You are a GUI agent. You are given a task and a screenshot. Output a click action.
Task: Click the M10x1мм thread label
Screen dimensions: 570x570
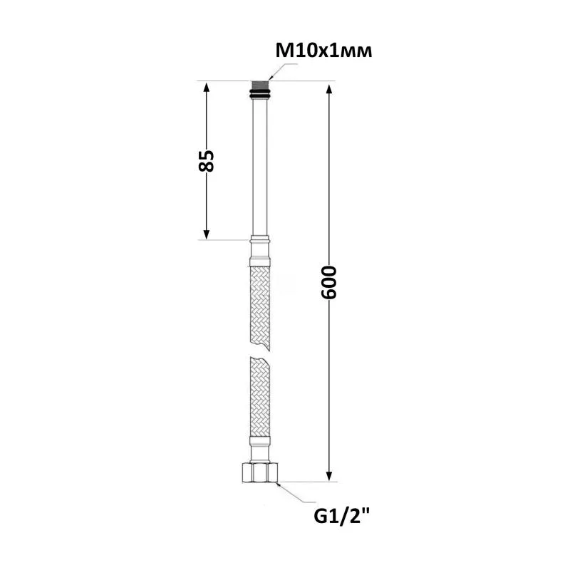(323, 51)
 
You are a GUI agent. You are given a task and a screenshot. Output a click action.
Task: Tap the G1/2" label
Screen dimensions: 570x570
(342, 515)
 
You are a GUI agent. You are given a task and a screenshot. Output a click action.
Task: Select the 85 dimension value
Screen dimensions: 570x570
(206, 160)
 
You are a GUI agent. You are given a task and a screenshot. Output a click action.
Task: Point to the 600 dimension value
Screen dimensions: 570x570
(329, 282)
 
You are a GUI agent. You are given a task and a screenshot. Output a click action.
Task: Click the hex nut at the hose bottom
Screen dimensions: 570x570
(260, 472)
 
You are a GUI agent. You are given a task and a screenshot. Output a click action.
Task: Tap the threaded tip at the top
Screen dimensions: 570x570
(260, 85)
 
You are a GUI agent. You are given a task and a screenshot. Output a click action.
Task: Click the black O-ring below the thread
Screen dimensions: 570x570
(260, 95)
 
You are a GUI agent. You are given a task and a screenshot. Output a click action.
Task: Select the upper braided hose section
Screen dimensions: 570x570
(260, 309)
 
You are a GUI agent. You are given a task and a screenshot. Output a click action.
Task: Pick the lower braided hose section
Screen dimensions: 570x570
(260, 396)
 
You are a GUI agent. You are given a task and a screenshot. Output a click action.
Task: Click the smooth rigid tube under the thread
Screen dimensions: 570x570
(260, 167)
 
